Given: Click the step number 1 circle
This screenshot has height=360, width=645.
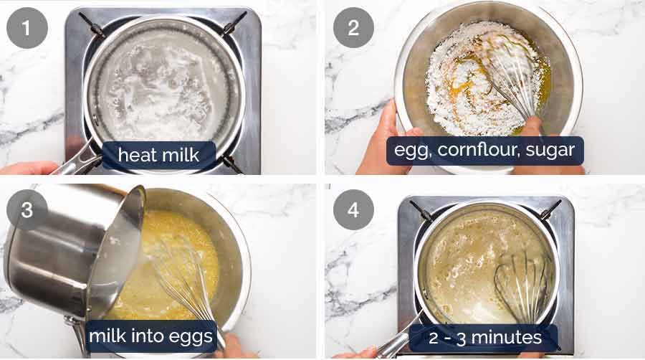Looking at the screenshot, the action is click(x=27, y=28).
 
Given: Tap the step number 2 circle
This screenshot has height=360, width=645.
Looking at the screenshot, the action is click(x=353, y=27).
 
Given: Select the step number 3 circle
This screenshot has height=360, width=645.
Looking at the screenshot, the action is click(x=27, y=210).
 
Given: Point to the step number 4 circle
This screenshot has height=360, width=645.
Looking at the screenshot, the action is click(x=353, y=210).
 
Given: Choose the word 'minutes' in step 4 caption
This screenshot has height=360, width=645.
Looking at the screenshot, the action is click(x=507, y=337).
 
